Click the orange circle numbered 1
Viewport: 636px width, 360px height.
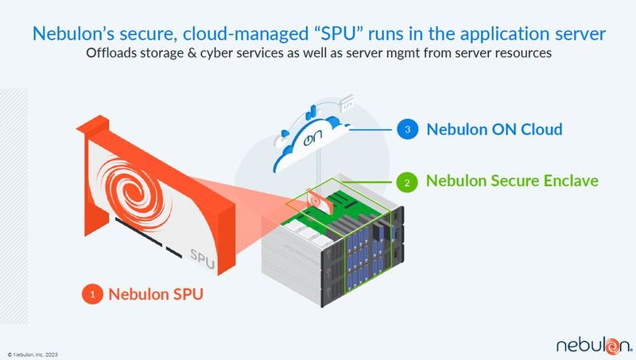[92, 294]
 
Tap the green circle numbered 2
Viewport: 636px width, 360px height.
[407, 182]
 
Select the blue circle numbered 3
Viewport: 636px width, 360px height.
[407, 130]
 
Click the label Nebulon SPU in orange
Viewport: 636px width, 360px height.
[156, 294]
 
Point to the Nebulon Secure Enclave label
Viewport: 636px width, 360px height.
[512, 181]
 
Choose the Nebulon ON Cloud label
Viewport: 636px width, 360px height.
[494, 130]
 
